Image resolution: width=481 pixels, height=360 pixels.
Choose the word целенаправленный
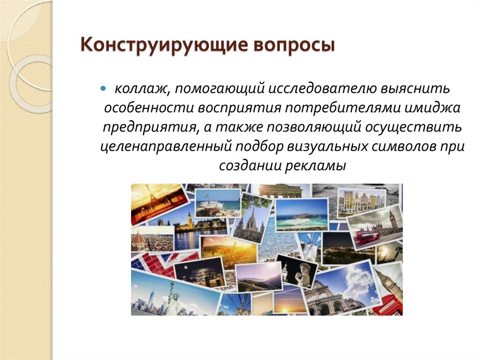[x=166, y=146]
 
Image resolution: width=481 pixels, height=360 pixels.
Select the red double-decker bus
[x=366, y=235]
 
